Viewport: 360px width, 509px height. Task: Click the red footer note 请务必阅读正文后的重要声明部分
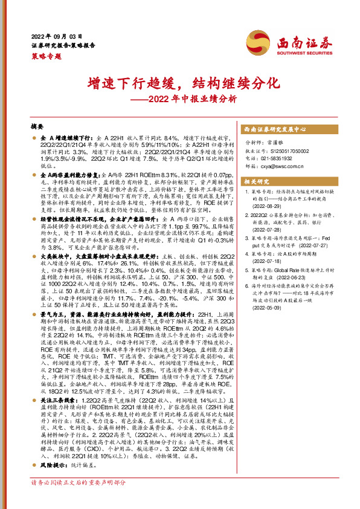(79, 499)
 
